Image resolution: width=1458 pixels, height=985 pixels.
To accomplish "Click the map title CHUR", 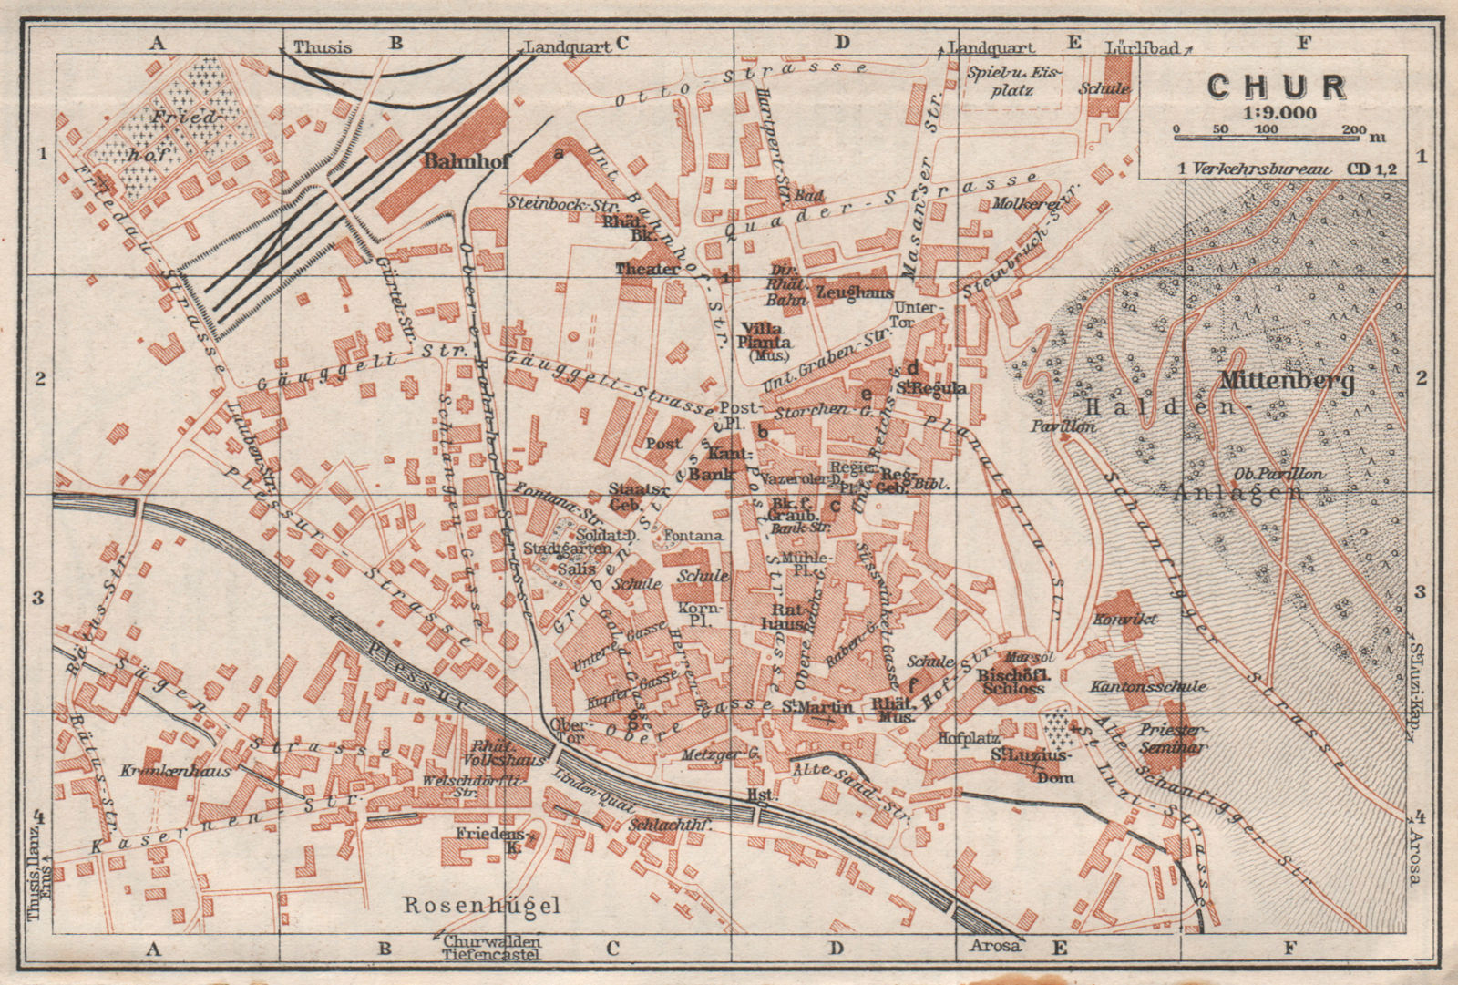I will tap(1277, 87).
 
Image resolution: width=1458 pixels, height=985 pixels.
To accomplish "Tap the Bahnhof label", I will tap(467, 160).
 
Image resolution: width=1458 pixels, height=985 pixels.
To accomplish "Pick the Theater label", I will tap(647, 269).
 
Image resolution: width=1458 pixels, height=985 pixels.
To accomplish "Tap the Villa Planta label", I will tap(765, 335).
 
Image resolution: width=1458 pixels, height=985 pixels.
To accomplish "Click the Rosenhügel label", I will tap(482, 905).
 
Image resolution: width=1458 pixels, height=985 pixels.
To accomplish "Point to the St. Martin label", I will tap(817, 706).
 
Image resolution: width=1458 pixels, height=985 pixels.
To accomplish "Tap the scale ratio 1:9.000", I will tap(1277, 113).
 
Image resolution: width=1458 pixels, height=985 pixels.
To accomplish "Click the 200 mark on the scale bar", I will tap(1352, 129).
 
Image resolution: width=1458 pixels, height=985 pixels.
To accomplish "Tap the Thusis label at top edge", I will tap(322, 47).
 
